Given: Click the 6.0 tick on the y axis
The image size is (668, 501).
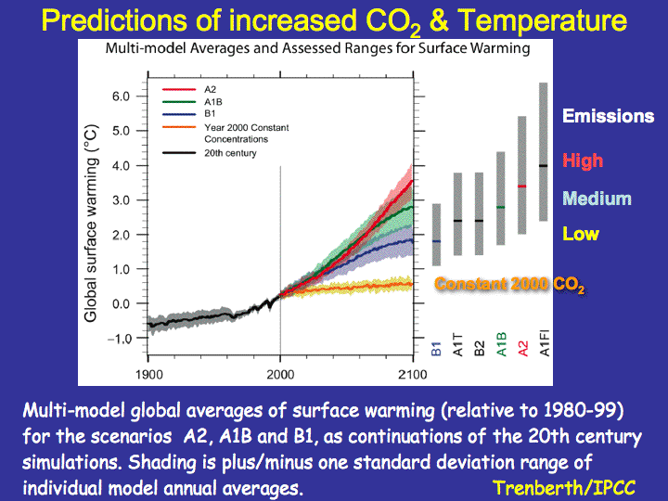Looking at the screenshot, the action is click(x=121, y=96).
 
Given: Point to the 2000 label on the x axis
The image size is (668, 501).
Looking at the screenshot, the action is click(x=280, y=375).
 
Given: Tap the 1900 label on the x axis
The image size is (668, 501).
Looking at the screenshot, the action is click(x=148, y=375).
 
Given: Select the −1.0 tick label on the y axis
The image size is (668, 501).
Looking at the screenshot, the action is click(x=119, y=339).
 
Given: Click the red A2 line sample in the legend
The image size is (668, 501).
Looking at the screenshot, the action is click(x=179, y=89).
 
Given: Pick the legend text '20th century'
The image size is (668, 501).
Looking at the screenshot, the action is click(x=230, y=153).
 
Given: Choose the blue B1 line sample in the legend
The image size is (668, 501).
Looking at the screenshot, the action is click(x=179, y=114).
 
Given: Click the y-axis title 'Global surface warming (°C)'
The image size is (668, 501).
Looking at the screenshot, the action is click(x=91, y=224).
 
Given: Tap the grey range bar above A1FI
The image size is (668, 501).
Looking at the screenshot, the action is click(x=543, y=151).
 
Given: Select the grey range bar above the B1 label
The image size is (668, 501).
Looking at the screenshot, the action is click(x=436, y=235).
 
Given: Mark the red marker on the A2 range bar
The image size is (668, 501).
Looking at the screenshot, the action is click(x=521, y=186).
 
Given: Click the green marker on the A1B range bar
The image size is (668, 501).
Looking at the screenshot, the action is click(x=501, y=207).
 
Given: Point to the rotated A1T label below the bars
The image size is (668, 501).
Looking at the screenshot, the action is click(x=458, y=344).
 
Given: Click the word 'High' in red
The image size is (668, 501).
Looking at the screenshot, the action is click(x=583, y=161).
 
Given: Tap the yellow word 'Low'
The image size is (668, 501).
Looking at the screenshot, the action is click(x=581, y=234).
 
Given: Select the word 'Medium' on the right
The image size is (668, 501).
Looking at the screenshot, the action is click(x=597, y=199).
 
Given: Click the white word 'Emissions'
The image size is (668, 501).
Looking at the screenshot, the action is click(x=609, y=116).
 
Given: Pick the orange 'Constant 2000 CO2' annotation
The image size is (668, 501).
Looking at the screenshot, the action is click(x=510, y=285).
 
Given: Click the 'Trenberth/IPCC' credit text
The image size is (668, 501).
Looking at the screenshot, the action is click(x=564, y=488).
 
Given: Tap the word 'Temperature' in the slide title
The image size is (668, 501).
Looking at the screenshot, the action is click(x=542, y=20).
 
